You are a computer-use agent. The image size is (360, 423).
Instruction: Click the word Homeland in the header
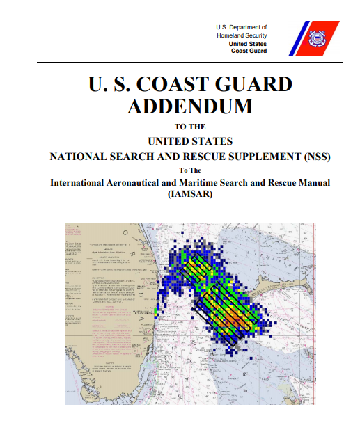point(232,35)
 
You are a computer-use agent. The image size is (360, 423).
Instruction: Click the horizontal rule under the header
point(180,62)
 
